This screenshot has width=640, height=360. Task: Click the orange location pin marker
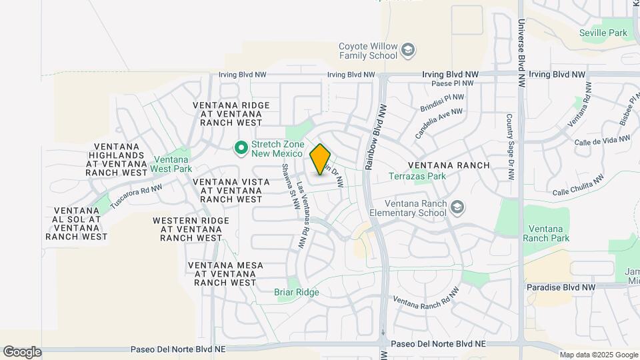click(x=321, y=159)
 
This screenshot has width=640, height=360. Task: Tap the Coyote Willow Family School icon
click(x=407, y=50)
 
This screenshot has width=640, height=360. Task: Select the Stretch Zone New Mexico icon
click(x=241, y=148)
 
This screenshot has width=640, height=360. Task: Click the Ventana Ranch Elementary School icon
click(x=457, y=207)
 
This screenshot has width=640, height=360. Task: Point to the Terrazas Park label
click(x=417, y=177)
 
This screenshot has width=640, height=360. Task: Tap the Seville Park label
click(x=603, y=33)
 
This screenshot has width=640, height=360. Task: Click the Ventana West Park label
click(x=173, y=164)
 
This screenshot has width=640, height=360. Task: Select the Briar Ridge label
click(x=297, y=292)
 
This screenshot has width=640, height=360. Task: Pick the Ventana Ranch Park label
click(x=546, y=233)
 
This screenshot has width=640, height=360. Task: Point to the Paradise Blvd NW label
click(x=561, y=287)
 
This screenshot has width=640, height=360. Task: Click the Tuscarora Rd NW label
click(x=136, y=196)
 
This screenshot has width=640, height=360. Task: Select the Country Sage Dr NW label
click(x=509, y=147)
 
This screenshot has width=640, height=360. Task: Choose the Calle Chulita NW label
click(x=579, y=186)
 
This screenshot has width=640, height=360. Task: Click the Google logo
click(x=22, y=351)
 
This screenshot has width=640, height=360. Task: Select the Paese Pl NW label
click(x=453, y=84)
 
